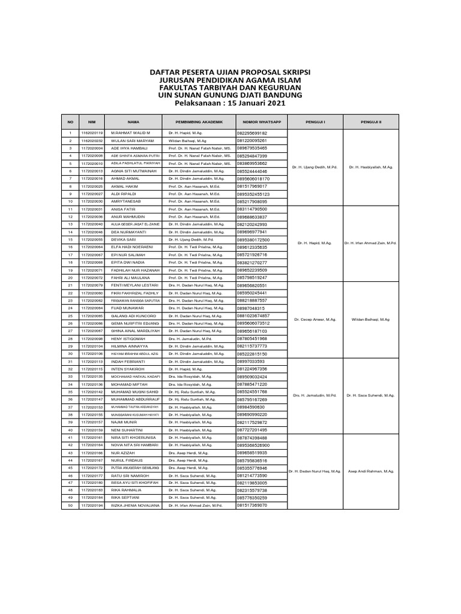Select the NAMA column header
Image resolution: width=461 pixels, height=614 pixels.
tap(133, 121)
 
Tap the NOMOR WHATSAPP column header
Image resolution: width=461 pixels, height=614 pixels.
tap(258, 121)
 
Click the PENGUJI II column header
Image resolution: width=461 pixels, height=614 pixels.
tap(370, 121)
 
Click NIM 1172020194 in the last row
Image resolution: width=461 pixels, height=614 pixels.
tap(92, 505)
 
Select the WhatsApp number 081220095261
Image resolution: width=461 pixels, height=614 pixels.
tap(253, 140)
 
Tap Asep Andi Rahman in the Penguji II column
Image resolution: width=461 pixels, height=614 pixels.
tap(370, 471)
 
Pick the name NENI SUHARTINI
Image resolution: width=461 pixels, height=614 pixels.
tap(127, 430)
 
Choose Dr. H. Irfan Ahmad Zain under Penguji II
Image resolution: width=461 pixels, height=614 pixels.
tap(370, 243)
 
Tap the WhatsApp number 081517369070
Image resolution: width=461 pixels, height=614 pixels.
tap(252, 505)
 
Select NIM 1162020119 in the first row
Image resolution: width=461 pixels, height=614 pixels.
tap(92, 133)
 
